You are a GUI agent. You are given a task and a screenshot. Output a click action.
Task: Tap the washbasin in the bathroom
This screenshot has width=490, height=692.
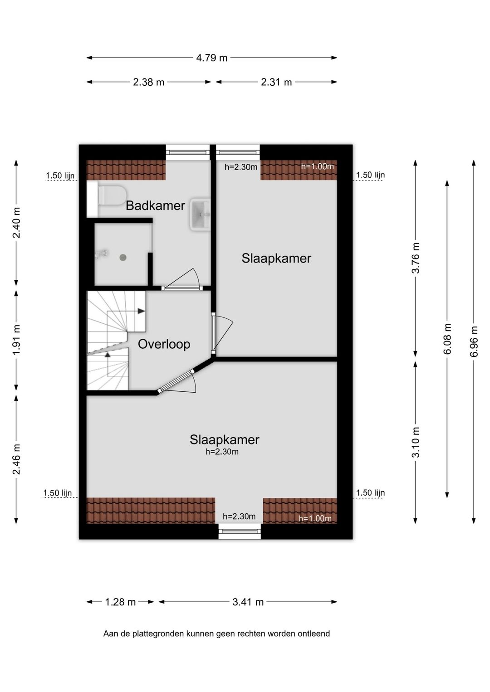click(201, 214)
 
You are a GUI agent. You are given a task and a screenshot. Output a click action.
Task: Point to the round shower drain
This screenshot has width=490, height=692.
click(123, 257)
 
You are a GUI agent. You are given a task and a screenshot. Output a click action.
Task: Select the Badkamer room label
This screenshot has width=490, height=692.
click(155, 205)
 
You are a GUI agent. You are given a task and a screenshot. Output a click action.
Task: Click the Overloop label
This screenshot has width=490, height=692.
click(164, 344)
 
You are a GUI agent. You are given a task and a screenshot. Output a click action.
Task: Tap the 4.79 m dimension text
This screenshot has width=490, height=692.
click(212, 58)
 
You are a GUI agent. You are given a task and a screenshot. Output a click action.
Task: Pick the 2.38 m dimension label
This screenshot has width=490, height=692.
click(148, 82)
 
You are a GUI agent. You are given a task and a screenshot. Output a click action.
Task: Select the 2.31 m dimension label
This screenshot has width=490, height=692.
click(276, 82)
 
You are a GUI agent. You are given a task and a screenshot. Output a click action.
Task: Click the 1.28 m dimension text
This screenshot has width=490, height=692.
click(120, 602)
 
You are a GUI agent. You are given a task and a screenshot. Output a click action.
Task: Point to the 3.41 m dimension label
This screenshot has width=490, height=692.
click(248, 602)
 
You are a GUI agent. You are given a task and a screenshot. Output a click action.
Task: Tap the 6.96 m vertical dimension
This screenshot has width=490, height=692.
click(474, 341)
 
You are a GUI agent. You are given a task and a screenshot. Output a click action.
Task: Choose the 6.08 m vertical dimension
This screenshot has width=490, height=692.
click(447, 339)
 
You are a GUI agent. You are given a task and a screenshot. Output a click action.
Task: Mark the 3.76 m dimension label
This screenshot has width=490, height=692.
click(416, 258)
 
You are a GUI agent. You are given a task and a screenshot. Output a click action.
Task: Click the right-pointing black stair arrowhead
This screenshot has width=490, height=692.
click(141, 311)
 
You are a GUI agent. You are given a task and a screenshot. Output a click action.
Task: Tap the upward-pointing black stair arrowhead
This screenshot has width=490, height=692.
click(108, 355)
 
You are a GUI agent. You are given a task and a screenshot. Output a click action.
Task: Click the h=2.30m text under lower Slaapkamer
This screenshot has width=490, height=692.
click(222, 452)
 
